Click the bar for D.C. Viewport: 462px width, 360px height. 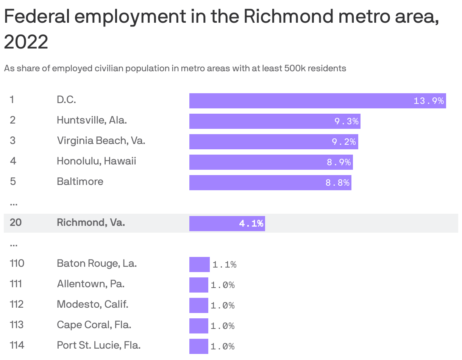[x=317, y=101]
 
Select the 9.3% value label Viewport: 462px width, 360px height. [x=346, y=121]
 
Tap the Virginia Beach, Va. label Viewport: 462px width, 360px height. [x=101, y=141]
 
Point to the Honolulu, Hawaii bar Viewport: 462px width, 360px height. [x=271, y=162]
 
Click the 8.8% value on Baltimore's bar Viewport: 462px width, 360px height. [x=337, y=183]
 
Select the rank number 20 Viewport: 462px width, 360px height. [x=16, y=222]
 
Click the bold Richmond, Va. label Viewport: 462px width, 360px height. [x=91, y=222]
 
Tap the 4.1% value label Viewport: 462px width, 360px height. [x=251, y=224]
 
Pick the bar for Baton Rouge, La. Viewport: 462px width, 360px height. [x=199, y=265]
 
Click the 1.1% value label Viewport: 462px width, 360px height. [x=224, y=265]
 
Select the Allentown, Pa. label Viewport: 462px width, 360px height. [x=91, y=284]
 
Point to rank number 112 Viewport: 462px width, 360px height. [x=17, y=304]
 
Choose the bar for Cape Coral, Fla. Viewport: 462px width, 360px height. [x=198, y=326]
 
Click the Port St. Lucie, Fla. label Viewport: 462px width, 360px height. [x=98, y=345]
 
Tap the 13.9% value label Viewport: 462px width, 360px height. [x=428, y=101]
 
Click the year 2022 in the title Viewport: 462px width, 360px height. [x=26, y=42]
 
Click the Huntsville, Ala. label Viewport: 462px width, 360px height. [x=92, y=120]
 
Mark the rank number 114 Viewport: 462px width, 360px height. [x=17, y=345]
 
